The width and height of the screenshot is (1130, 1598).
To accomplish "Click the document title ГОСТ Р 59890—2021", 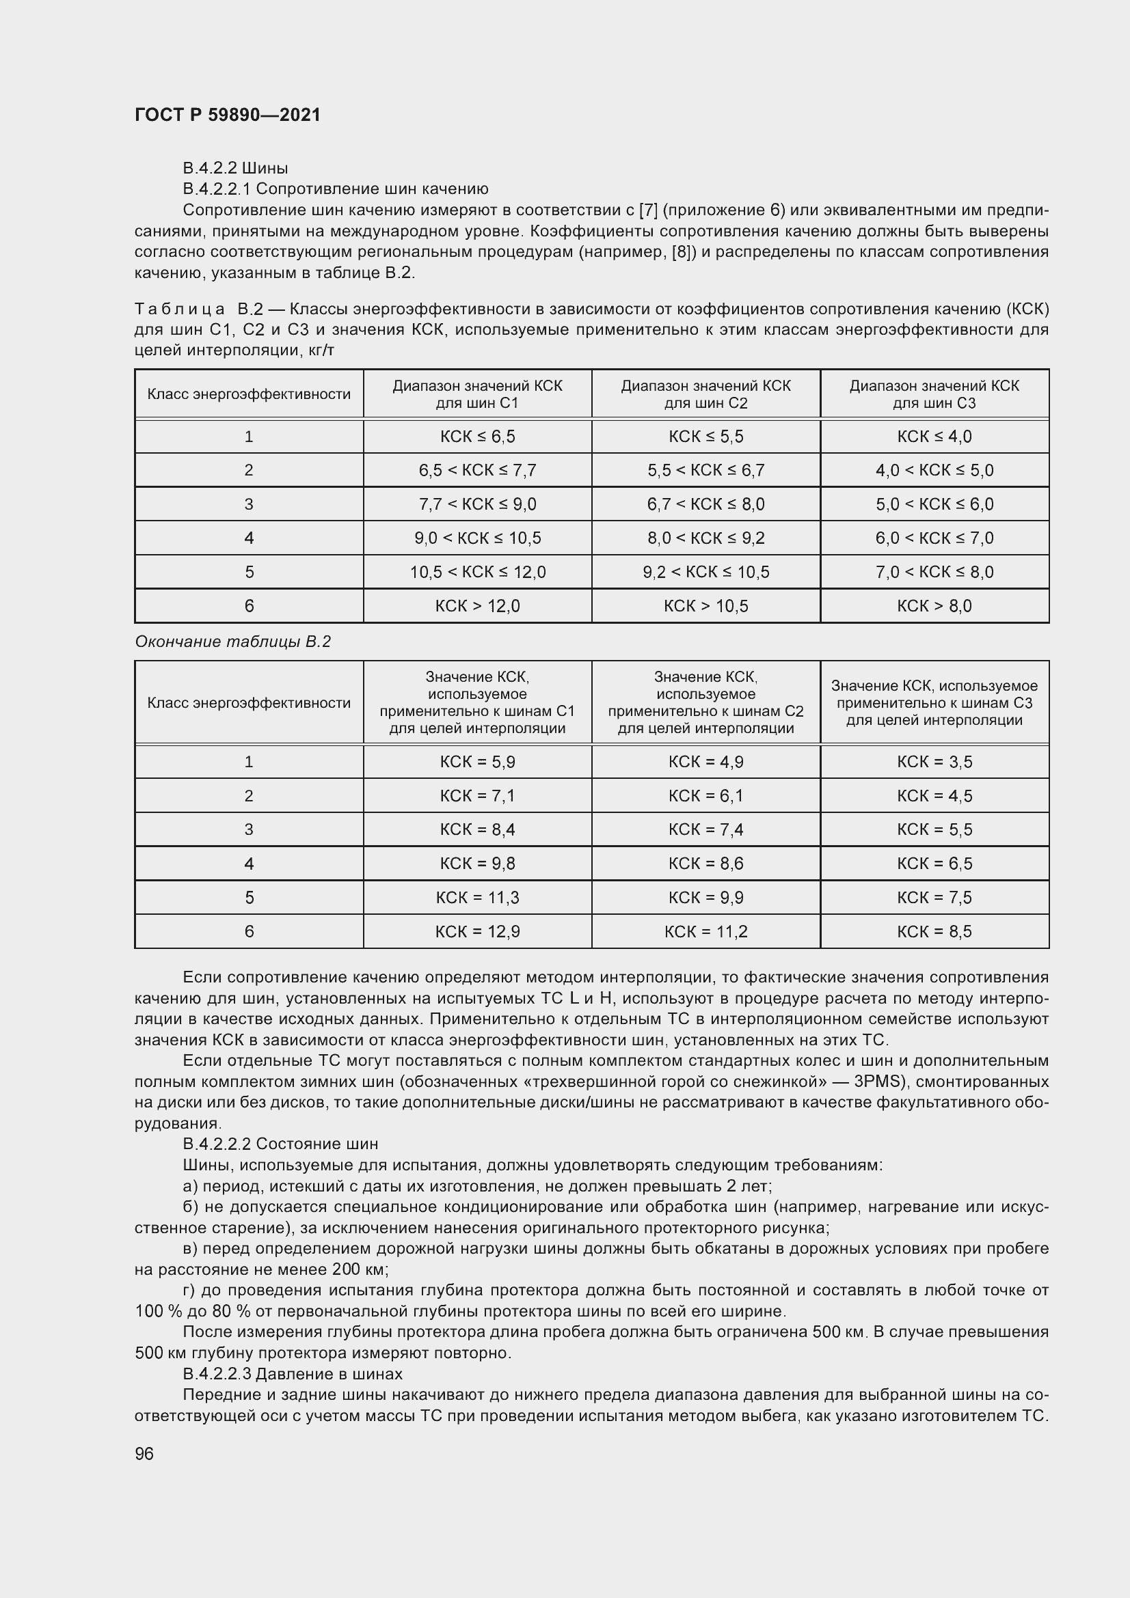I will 228,115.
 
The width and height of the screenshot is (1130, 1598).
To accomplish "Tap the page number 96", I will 144,1453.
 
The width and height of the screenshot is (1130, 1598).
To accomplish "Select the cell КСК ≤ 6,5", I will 478,437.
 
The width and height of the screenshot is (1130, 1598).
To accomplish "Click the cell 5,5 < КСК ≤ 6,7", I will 706,471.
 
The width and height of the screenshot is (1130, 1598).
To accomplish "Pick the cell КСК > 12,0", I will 478,606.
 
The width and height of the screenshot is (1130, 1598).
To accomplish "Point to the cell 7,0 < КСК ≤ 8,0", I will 934,572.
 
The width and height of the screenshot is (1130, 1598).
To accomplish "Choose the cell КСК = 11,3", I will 478,898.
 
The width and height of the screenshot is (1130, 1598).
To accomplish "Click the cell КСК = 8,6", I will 706,864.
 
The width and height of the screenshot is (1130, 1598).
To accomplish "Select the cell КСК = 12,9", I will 478,932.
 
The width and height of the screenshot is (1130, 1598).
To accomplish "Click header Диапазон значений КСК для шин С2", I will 706,395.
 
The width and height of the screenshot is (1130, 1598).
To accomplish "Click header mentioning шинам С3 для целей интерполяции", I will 934,703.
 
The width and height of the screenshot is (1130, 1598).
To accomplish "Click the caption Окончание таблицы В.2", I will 232,642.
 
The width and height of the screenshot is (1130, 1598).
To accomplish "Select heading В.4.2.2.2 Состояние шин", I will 280,1144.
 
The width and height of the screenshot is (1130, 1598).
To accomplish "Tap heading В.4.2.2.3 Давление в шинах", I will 293,1373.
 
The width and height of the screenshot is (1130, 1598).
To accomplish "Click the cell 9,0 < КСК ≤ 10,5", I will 478,538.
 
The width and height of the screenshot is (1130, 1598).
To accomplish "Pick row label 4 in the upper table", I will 250,538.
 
